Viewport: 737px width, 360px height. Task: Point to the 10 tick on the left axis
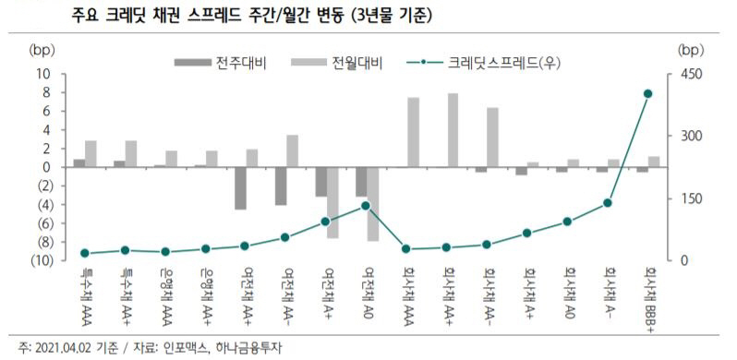(42, 74)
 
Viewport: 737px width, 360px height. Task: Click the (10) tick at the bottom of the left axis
(40, 260)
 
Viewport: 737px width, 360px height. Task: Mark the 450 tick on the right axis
(690, 74)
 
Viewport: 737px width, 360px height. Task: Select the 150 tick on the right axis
(690, 198)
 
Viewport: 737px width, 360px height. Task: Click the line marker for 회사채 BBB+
(647, 93)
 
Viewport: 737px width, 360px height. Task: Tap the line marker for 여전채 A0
(366, 206)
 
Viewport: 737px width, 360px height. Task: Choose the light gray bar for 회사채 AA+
(453, 130)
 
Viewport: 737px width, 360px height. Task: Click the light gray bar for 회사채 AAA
(413, 132)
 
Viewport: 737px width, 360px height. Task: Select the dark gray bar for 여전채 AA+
(240, 188)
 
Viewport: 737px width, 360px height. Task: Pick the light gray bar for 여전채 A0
(372, 204)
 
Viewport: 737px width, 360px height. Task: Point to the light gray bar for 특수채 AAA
(91, 154)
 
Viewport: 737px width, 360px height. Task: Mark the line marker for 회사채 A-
(608, 202)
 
